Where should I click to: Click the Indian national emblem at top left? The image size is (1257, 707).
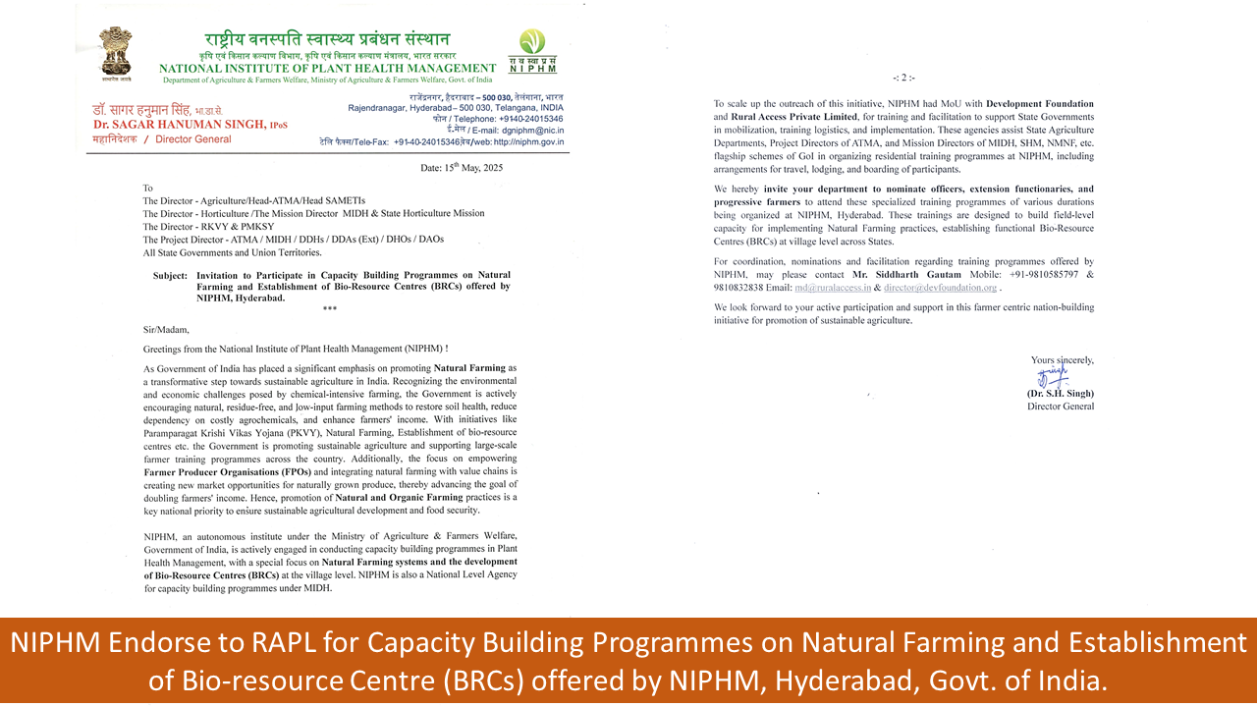[117, 53]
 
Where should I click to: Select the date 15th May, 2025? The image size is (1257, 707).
[462, 168]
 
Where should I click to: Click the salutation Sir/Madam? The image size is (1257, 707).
[165, 330]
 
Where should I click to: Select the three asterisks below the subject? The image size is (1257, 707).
[329, 309]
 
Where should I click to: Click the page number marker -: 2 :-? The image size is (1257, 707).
[903, 78]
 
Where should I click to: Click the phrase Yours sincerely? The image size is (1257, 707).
[1062, 360]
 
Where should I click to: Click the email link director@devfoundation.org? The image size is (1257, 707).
[941, 288]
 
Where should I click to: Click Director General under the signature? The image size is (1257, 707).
[1061, 407]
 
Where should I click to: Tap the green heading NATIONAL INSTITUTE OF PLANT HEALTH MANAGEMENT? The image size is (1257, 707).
[327, 68]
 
